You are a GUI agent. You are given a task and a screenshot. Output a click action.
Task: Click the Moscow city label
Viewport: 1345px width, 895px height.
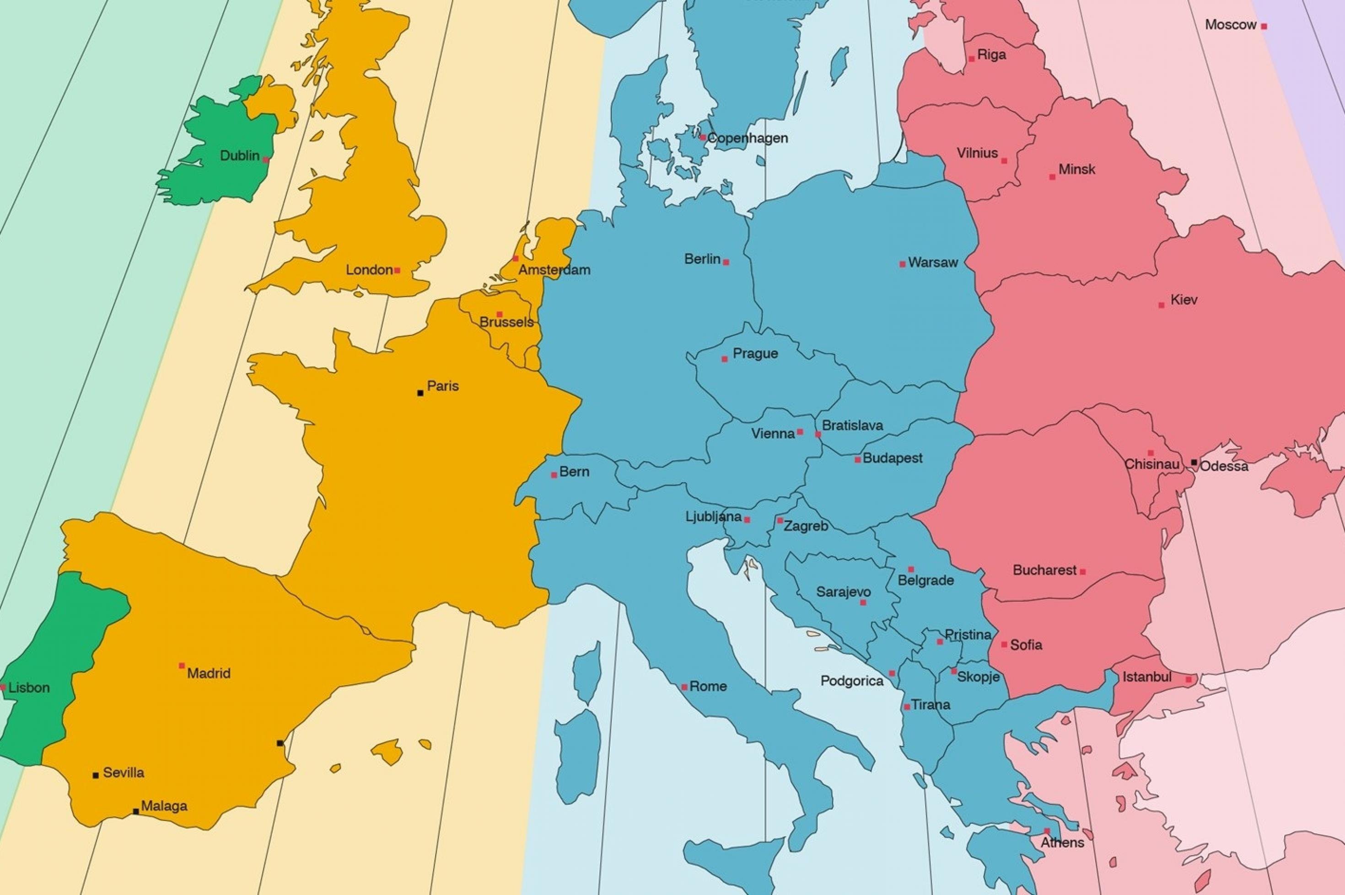coord(1230,25)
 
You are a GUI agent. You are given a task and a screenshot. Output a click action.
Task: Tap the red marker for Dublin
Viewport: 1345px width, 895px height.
coord(266,160)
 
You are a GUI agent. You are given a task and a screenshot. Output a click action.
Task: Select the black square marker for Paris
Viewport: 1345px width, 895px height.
coord(420,393)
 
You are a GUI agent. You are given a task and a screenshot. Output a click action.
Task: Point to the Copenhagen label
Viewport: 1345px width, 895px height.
coord(748,138)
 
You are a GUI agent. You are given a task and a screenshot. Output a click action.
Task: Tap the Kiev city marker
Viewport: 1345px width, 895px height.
coord(1161,305)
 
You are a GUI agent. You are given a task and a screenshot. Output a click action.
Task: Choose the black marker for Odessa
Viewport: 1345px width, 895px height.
coord(1194,462)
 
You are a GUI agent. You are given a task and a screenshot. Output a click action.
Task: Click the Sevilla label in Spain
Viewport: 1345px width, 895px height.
coord(124,773)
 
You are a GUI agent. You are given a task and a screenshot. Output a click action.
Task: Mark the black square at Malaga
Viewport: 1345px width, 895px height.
coord(135,811)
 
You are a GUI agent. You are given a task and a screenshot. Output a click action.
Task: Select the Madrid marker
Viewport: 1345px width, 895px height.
coord(182,666)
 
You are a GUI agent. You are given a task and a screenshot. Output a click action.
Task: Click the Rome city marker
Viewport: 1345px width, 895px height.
coord(684,687)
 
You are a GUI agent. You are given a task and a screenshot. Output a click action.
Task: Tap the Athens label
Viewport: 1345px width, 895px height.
coord(1062,842)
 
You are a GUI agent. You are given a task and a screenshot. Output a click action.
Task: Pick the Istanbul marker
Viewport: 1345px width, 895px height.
coord(1189,679)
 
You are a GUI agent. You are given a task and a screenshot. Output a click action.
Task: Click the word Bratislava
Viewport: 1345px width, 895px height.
coord(852,425)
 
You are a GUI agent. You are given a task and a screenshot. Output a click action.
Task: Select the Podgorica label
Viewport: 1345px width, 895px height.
coord(851,681)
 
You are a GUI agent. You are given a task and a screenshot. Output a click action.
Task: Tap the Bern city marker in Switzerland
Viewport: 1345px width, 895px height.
coord(554,475)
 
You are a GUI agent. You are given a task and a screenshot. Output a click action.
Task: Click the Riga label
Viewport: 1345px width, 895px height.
coord(992,55)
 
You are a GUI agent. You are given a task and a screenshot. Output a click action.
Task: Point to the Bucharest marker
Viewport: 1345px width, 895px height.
coord(1083,571)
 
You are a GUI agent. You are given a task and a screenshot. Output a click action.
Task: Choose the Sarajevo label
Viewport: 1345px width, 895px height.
coord(843,592)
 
